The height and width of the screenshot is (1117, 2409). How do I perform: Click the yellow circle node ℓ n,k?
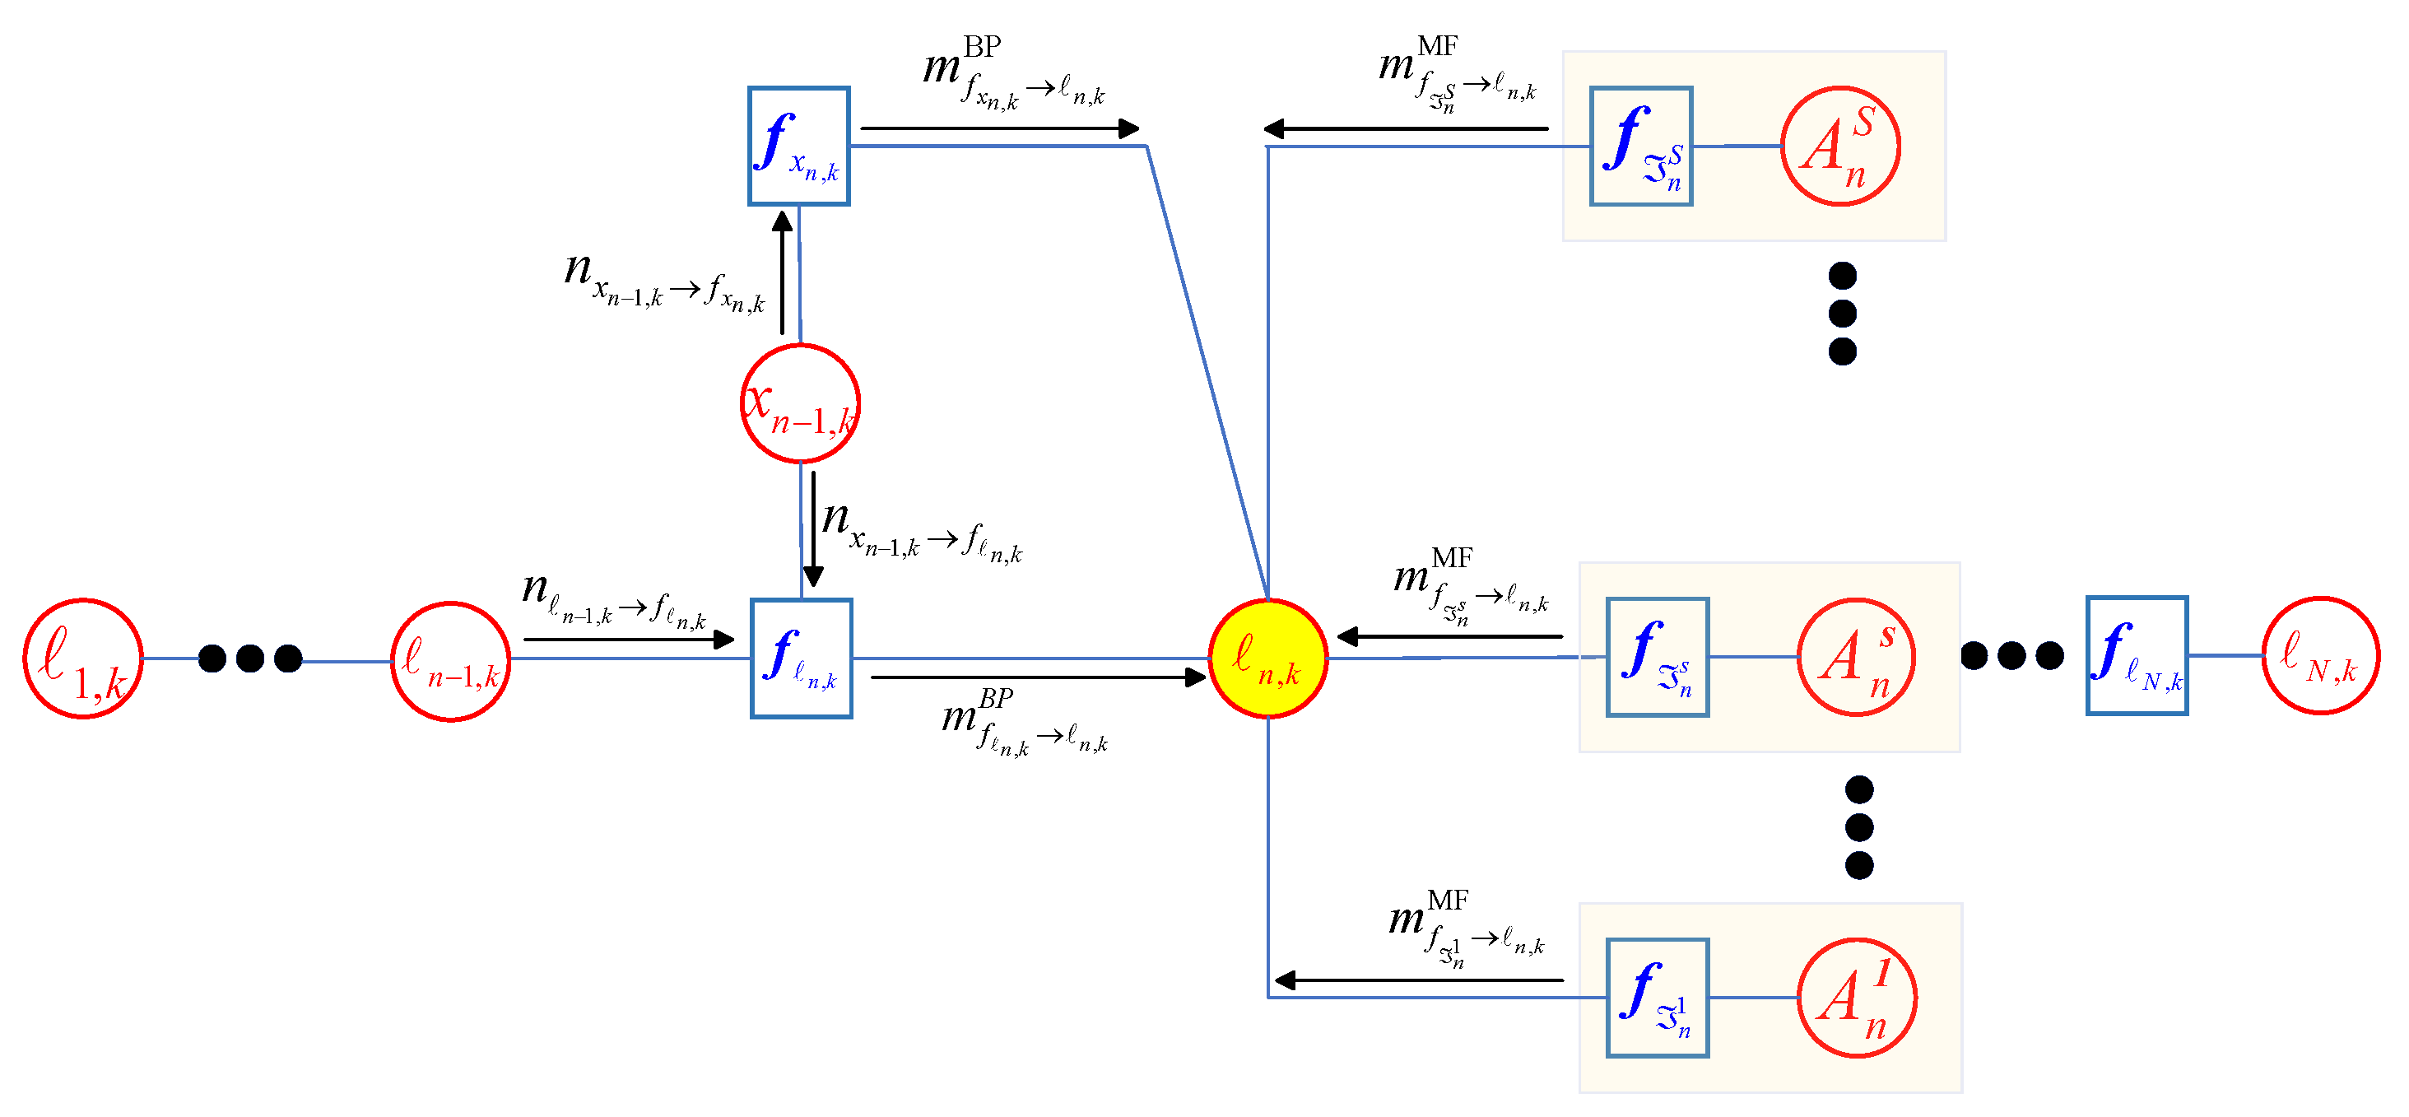tap(1268, 659)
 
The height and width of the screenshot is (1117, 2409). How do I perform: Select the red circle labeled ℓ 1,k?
tap(83, 659)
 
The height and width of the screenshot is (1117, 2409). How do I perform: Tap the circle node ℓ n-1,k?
tap(451, 662)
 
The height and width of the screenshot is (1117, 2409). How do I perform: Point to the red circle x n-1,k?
tap(801, 403)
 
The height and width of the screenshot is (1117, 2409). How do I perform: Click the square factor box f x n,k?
tap(798, 146)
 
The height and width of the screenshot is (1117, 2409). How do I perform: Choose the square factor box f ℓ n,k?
tap(802, 659)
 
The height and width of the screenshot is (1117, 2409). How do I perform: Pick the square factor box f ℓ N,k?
tap(2137, 656)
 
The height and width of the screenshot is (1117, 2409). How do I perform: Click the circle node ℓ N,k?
tap(2320, 656)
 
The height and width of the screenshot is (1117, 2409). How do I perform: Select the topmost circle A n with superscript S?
tap(1840, 147)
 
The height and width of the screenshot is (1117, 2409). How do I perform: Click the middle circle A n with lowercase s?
tap(1856, 657)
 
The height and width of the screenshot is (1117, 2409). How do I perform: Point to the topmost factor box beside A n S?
tap(1641, 146)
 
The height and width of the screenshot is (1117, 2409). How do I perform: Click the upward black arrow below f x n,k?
tap(783, 272)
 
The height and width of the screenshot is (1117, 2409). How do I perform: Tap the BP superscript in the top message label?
tap(982, 46)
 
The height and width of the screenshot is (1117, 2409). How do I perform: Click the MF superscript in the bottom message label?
tap(1448, 900)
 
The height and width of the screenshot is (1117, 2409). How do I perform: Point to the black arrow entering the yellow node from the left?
tap(1039, 677)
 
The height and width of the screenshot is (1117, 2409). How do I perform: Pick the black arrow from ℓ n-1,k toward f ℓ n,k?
tap(630, 640)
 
